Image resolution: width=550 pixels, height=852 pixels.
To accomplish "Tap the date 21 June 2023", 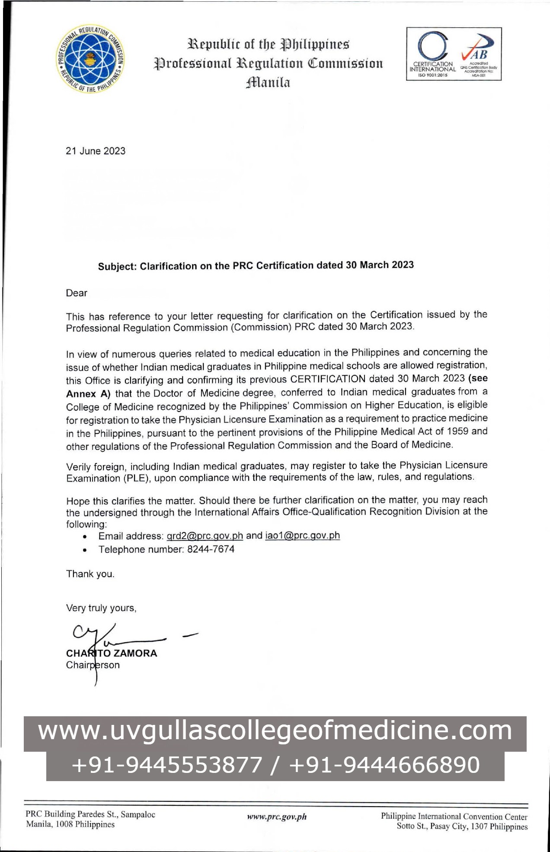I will [96, 151].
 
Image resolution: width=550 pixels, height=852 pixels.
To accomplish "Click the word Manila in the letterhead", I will [268, 82].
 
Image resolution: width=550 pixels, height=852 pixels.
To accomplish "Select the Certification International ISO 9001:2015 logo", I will [432, 54].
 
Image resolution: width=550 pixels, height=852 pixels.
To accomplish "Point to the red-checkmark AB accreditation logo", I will [479, 54].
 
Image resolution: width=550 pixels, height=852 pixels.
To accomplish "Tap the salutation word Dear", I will [77, 293].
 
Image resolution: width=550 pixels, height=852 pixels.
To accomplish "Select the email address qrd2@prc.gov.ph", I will [205, 536].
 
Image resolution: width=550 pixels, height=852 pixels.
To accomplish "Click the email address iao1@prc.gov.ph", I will [302, 536].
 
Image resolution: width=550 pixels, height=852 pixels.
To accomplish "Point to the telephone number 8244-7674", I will [211, 549].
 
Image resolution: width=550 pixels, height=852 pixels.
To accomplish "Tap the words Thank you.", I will [90, 574].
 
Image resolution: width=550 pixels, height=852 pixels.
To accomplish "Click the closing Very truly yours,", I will [101, 608].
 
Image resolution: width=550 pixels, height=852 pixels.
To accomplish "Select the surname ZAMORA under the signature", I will [135, 653].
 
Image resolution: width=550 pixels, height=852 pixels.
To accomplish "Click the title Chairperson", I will [93, 665].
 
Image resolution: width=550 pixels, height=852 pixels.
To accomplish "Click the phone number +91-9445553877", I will [167, 765].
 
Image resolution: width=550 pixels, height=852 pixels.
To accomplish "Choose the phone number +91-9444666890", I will [384, 765].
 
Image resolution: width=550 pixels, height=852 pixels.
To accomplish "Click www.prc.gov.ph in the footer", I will [277, 817].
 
